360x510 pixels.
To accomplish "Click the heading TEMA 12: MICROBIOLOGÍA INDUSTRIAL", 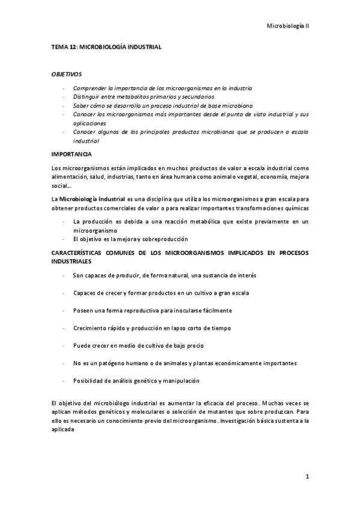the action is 106,46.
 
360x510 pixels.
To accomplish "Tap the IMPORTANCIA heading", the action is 72,154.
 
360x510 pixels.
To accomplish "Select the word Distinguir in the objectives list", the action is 87,97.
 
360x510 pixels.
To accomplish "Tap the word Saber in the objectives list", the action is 81,105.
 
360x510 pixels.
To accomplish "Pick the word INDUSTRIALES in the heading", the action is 72,262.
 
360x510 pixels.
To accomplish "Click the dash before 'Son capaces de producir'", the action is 63,275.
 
